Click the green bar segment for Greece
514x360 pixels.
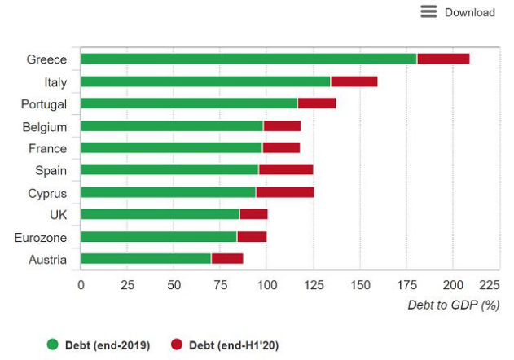click(248, 59)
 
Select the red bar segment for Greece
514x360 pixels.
click(443, 59)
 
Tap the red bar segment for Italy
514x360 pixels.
click(354, 81)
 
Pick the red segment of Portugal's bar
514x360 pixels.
click(317, 103)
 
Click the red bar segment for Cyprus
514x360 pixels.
click(285, 193)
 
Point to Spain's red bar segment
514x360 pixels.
click(286, 170)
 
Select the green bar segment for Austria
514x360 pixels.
click(146, 259)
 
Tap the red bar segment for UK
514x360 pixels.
click(254, 214)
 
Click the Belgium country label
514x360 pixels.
click(45, 127)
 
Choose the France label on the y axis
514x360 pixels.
click(47, 149)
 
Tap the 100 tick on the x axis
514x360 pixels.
click(266, 286)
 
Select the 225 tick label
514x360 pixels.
click(489, 286)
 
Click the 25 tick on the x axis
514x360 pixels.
click(127, 286)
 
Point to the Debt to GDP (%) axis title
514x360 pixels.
click(453, 305)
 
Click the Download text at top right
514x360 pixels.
click(469, 12)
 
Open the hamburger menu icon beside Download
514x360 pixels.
click(428, 11)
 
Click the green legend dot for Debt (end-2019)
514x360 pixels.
click(54, 345)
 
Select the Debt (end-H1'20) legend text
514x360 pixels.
click(235, 345)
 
